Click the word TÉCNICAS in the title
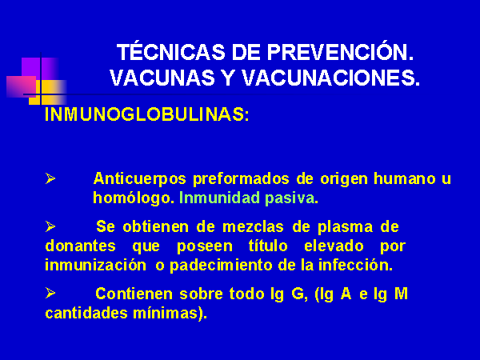tap(171, 52)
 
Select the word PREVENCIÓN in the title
tap(340, 52)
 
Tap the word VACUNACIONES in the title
tap(330, 78)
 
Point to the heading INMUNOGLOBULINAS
tap(147, 114)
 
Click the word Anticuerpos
tap(139, 178)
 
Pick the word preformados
tap(241, 178)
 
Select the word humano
tap(405, 178)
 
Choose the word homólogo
tap(134, 198)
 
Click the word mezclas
tap(253, 227)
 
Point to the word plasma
tap(345, 227)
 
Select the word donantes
tap(81, 246)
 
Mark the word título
tap(268, 246)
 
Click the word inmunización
tap(95, 265)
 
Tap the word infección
tap(355, 265)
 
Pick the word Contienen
tap(134, 294)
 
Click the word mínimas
tap(170, 313)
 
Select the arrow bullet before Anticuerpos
tap(50, 178)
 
